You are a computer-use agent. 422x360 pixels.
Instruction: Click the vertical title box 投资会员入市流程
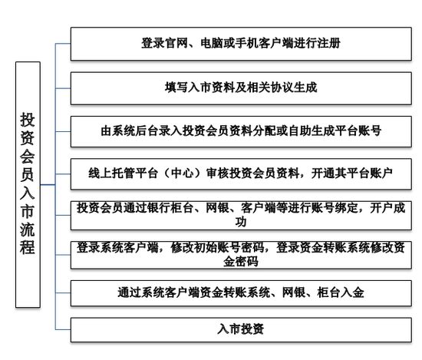click(28, 185)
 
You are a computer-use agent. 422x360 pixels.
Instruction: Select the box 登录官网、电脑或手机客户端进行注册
click(241, 44)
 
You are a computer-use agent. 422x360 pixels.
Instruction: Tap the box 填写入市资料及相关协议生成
click(241, 88)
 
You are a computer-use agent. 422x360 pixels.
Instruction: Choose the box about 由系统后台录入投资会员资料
click(241, 132)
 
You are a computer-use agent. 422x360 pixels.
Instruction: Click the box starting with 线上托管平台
click(241, 174)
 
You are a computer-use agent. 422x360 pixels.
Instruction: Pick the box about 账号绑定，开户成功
click(241, 216)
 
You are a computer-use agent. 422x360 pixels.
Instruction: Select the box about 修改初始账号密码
click(241, 255)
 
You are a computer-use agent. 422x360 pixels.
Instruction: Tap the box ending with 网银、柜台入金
click(241, 293)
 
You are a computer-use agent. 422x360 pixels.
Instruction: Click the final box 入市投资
click(241, 330)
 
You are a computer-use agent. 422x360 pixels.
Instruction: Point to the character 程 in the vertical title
click(28, 247)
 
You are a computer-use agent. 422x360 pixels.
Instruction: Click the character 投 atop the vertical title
click(28, 120)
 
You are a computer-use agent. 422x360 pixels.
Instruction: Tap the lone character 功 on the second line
click(241, 222)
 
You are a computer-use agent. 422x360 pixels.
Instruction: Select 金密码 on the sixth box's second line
click(241, 262)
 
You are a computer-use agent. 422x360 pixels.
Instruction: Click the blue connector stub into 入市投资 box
click(63, 329)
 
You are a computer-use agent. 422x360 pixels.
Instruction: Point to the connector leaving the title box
click(48, 185)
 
